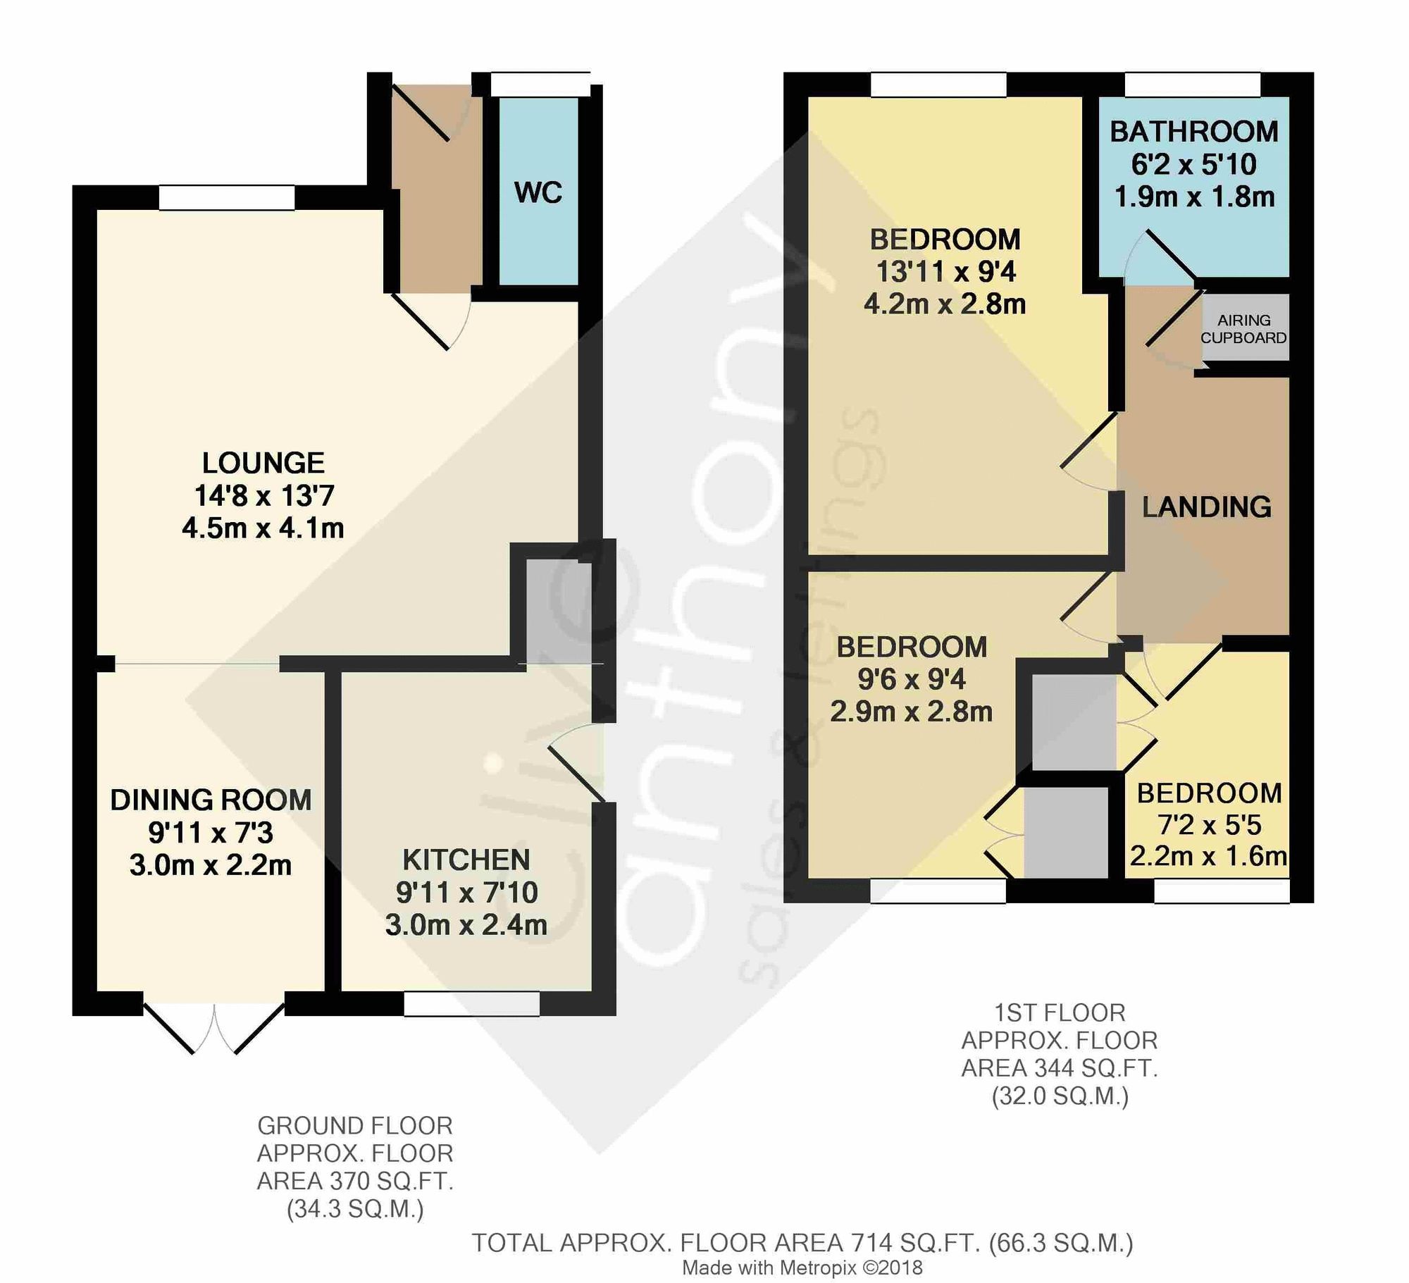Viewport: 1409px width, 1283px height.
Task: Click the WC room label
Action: pos(538,192)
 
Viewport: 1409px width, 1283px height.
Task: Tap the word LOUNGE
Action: pos(263,463)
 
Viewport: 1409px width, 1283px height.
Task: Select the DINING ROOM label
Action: pos(211,800)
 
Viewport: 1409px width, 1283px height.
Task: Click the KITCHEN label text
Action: pos(466,860)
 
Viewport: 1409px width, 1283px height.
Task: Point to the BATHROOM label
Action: pos(1194,132)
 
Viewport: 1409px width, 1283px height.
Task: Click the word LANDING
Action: pos(1207,507)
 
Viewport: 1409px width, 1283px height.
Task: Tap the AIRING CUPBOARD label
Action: pos(1243,329)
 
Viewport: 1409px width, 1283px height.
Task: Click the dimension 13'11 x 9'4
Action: pos(945,272)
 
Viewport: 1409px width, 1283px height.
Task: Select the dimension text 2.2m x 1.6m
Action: pos(1208,856)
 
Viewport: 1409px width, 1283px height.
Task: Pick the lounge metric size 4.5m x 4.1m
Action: pos(263,528)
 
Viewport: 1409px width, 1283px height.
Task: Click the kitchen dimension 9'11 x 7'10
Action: pos(466,893)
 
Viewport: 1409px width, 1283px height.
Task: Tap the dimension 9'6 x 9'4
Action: pos(911,679)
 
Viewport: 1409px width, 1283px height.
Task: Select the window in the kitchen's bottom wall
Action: pos(471,1003)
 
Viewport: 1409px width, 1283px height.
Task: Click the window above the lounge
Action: pos(226,197)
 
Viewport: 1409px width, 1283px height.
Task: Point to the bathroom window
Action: pos(1192,85)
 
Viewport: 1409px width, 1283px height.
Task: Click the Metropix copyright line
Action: pos(802,1267)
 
